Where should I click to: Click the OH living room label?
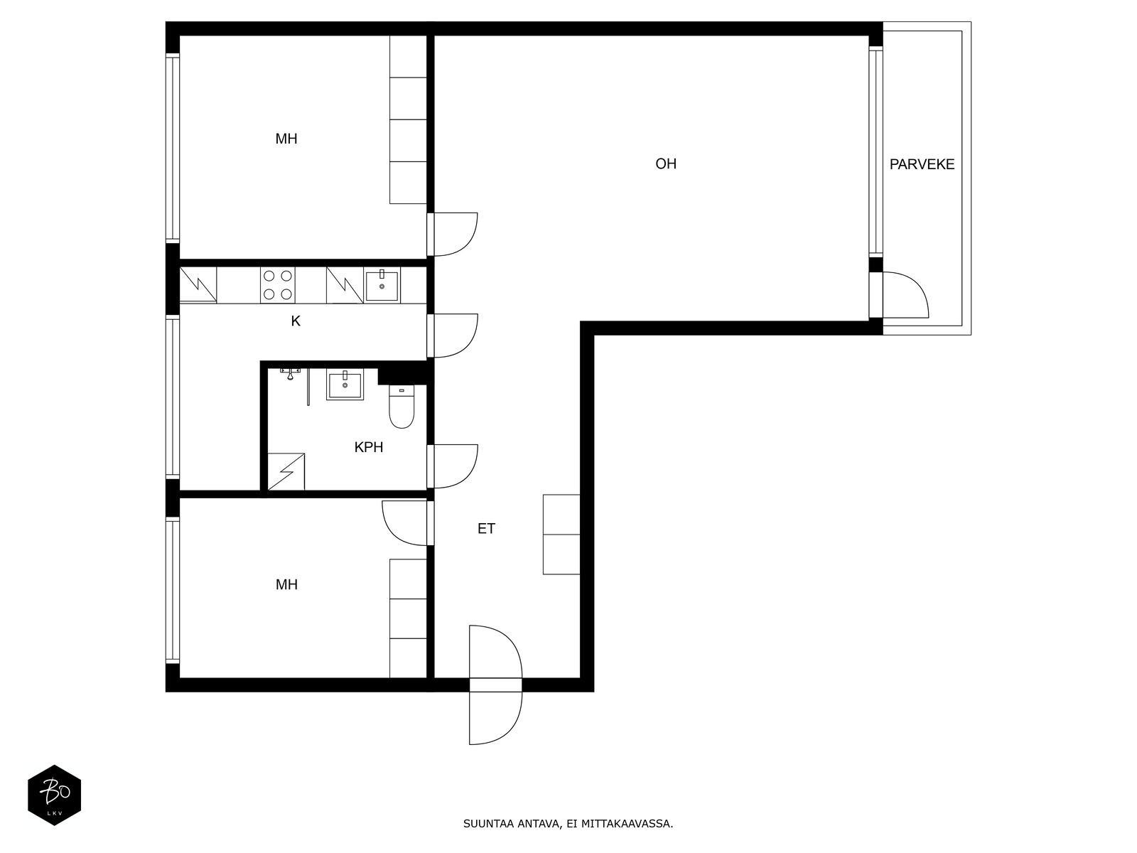pos(666,163)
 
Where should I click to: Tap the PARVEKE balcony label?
pos(922,164)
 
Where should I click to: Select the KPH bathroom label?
pos(368,447)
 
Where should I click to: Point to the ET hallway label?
pos(486,528)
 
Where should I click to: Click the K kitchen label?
pos(295,321)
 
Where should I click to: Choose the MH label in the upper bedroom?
pos(286,139)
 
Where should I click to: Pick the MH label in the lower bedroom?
pos(286,585)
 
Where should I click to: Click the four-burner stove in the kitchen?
pos(278,285)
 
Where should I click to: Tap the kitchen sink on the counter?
pos(382,285)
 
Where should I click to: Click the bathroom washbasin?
pos(345,385)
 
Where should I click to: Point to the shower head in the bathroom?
pos(291,374)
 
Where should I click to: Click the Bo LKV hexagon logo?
pos(55,795)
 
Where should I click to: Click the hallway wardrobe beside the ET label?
pos(561,535)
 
